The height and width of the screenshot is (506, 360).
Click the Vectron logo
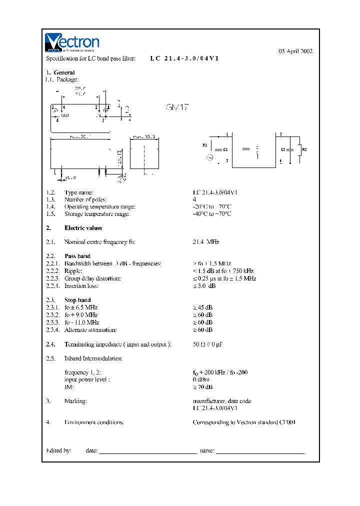(x=72, y=43)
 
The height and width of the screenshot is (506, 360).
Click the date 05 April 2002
(x=295, y=51)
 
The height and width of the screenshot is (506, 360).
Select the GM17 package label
(x=177, y=107)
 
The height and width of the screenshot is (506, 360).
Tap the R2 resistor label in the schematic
(x=304, y=149)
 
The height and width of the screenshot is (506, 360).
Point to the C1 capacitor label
(x=225, y=149)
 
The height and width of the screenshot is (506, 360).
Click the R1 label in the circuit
(x=204, y=145)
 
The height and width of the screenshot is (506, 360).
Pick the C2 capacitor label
(x=283, y=149)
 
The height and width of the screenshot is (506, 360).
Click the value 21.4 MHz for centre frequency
(x=206, y=242)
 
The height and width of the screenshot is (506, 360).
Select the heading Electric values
(x=83, y=228)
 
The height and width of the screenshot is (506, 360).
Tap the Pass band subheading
(x=77, y=256)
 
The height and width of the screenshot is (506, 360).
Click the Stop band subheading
(x=77, y=300)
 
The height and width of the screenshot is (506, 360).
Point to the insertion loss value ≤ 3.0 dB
(x=205, y=285)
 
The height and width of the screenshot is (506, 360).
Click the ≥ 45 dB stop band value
(x=202, y=307)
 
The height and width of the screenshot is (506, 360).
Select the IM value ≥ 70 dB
(x=202, y=387)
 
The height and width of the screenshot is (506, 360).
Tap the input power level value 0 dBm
(x=201, y=379)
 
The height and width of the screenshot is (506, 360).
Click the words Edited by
(x=58, y=450)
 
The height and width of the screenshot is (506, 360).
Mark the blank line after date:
(x=148, y=451)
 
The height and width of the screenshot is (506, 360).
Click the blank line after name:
(x=260, y=451)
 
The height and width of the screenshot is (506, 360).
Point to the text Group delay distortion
(x=92, y=278)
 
